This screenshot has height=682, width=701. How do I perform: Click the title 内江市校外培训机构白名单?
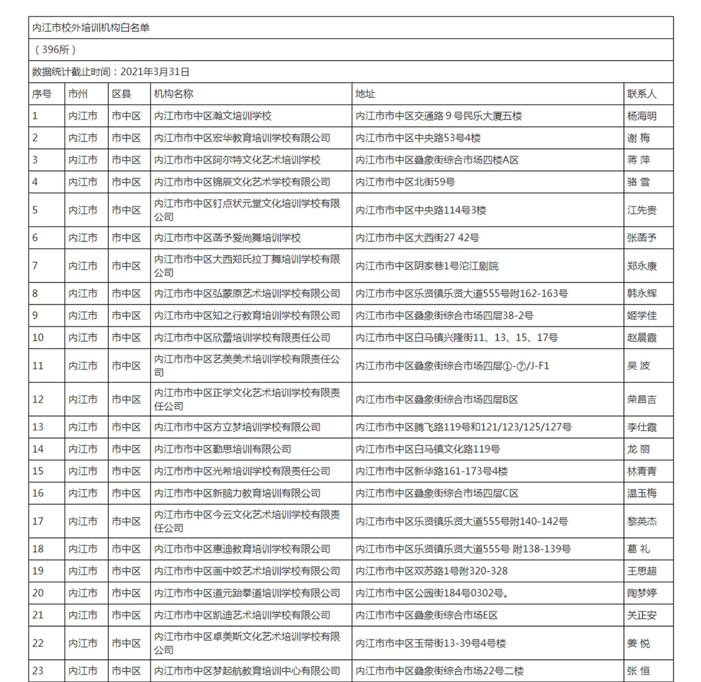click(91, 28)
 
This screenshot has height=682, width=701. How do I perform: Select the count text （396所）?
click(55, 50)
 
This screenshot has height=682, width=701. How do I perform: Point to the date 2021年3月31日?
click(155, 71)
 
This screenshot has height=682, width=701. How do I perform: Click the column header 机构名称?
click(173, 94)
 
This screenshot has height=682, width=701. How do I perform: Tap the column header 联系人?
click(641, 94)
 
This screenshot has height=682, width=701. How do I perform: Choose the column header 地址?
click(365, 94)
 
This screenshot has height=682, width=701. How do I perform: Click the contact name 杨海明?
click(641, 116)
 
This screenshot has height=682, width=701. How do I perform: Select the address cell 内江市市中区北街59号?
click(405, 182)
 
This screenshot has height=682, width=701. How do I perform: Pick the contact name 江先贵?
click(641, 210)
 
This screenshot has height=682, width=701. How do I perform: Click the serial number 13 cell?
click(38, 427)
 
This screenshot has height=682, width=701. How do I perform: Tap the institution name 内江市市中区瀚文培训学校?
click(213, 116)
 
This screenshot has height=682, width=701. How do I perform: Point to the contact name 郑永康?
click(641, 266)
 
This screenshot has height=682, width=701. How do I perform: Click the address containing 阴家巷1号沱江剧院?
click(427, 266)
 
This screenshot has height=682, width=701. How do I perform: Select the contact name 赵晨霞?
click(641, 337)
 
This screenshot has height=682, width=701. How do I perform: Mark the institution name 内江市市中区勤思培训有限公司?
click(223, 449)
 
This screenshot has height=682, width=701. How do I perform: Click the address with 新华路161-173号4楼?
click(432, 471)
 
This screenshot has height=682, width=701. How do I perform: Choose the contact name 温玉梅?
click(641, 494)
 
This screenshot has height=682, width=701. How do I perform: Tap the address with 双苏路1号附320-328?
click(432, 571)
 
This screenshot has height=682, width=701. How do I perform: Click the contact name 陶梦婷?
click(641, 593)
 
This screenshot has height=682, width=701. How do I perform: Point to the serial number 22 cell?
click(38, 643)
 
